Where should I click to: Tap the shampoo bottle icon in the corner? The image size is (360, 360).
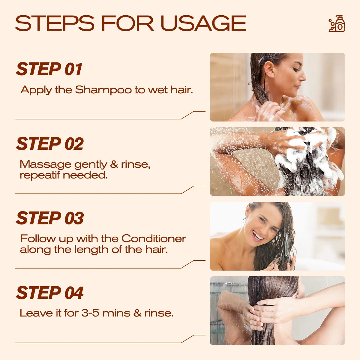coord(337,23)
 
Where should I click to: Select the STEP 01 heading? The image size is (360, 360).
coord(49,69)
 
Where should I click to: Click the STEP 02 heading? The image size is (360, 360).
coord(49,144)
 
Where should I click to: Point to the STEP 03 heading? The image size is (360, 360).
coord(49,218)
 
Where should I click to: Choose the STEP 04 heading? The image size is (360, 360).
coord(49,293)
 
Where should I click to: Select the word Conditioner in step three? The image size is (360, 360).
coord(154,238)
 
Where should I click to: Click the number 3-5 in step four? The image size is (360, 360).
coord(90,313)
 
